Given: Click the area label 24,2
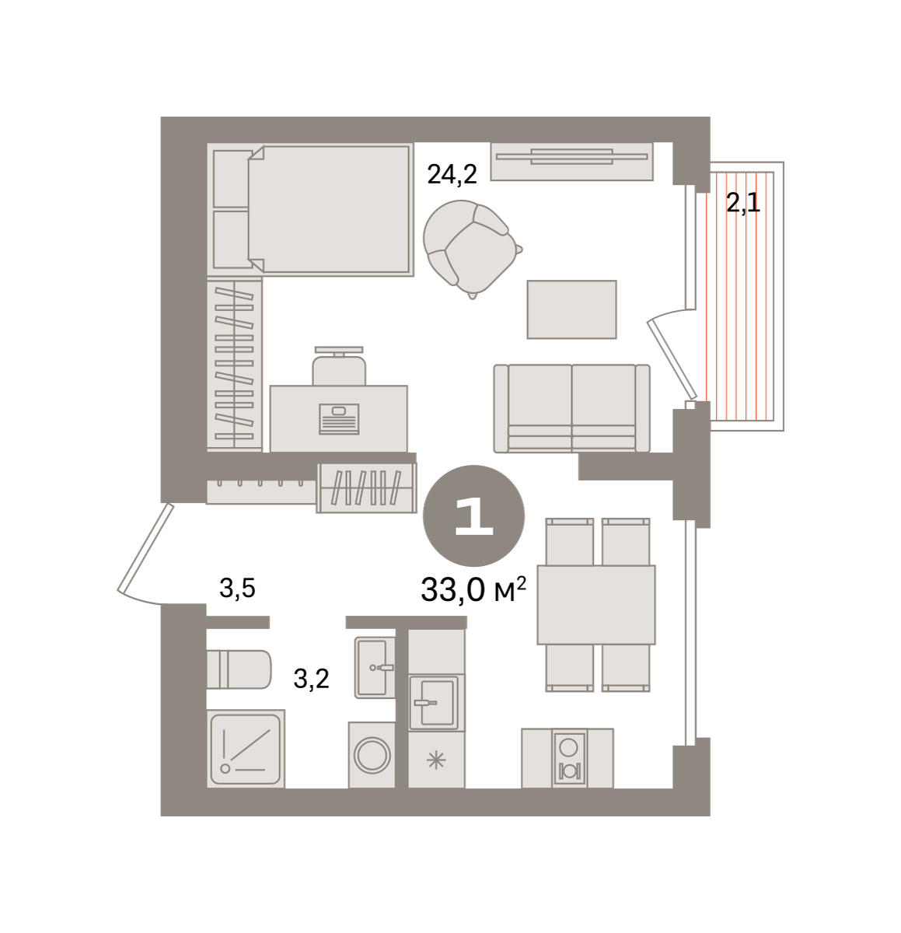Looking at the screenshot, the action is point(452,174).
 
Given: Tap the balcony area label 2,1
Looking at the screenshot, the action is point(742,203).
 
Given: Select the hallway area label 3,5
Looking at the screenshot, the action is point(237,589).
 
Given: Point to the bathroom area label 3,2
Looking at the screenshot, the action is point(311,680).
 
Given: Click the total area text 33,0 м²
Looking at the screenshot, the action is point(473,589).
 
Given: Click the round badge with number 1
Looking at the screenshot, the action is point(473,516).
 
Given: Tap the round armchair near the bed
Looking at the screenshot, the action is point(470,248).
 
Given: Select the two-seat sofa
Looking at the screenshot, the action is point(571,408).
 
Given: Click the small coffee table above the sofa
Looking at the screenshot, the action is point(571,309).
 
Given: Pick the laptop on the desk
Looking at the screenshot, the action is point(339,418).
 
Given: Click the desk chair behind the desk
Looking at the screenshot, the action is point(339,366).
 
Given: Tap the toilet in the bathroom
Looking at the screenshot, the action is point(239,669).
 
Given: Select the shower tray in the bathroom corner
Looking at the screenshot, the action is point(246,749).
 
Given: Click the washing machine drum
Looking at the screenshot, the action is point(372,755).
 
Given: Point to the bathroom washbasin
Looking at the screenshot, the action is point(375,667).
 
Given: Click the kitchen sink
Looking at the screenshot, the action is point(436,703).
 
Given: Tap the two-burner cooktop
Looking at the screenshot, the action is point(569,759).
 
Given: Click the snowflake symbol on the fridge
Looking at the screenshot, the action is point(436,760).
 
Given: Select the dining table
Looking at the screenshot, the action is point(595,605).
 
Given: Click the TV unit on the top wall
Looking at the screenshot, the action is point(571,161).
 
